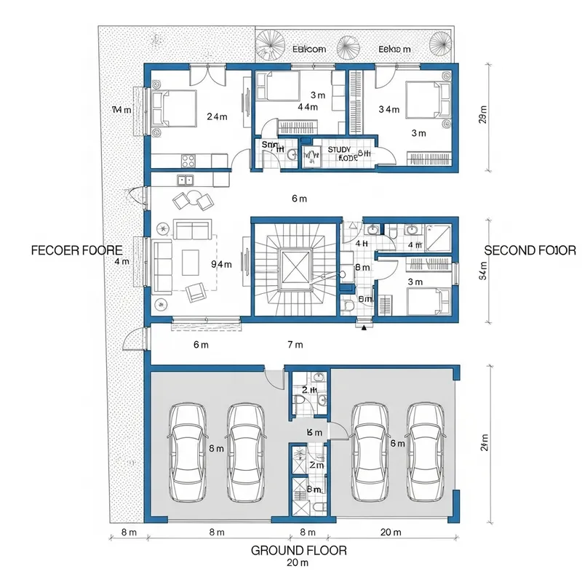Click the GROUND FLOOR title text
click(298, 550)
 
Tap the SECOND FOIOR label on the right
click(530, 250)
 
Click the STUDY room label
click(339, 149)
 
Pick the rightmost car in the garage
click(426, 451)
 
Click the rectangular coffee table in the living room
click(191, 260)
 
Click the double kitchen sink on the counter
click(186, 180)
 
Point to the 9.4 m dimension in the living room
click(220, 264)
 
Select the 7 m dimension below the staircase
click(295, 344)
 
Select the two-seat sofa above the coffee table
click(191, 231)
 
